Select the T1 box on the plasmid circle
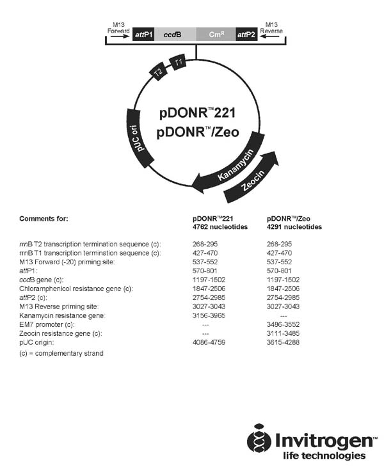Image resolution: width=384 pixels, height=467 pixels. pos(178,63)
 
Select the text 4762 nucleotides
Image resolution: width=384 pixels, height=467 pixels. pos(215,227)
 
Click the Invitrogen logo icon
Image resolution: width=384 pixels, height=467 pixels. pos(259,439)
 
